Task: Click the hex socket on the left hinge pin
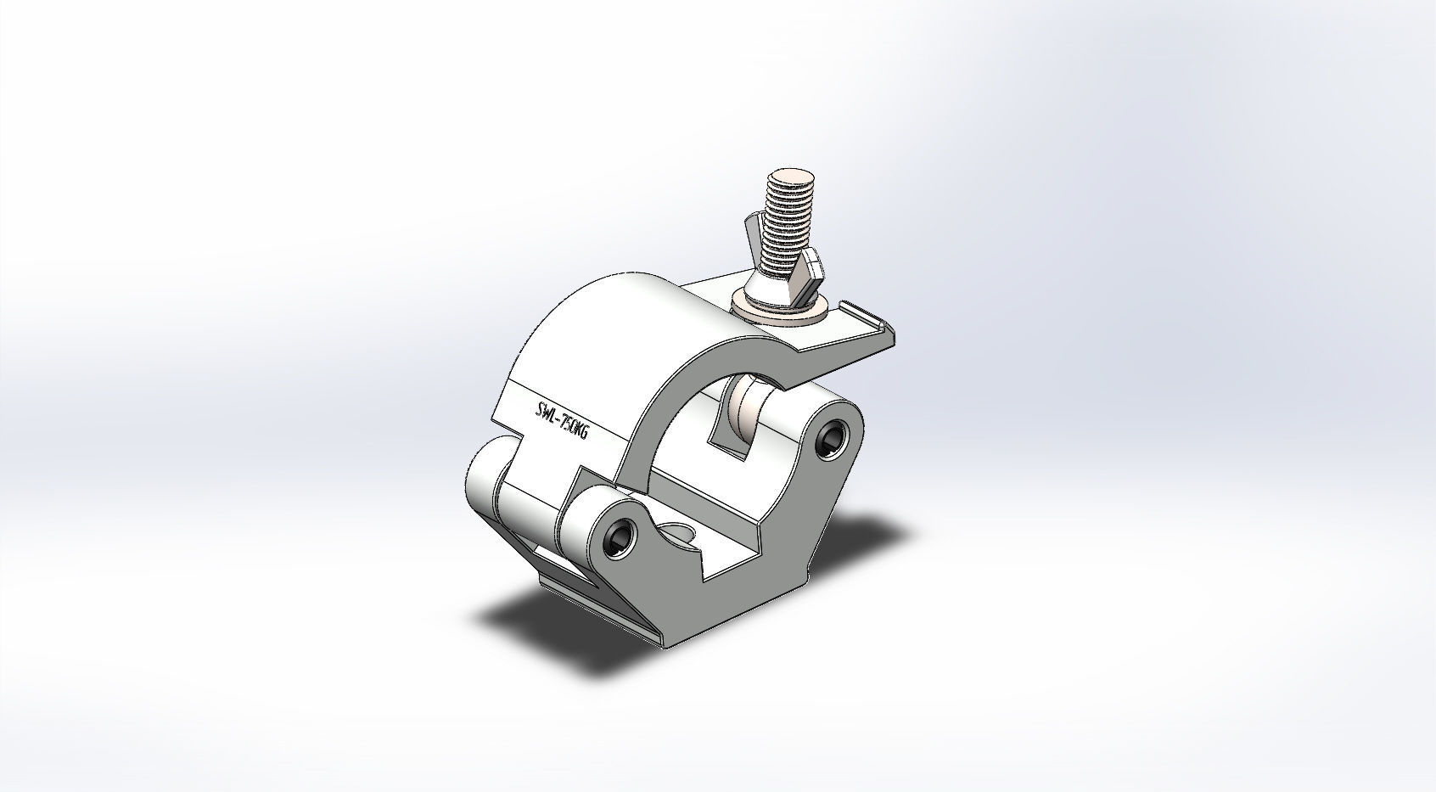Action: [x=620, y=537]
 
